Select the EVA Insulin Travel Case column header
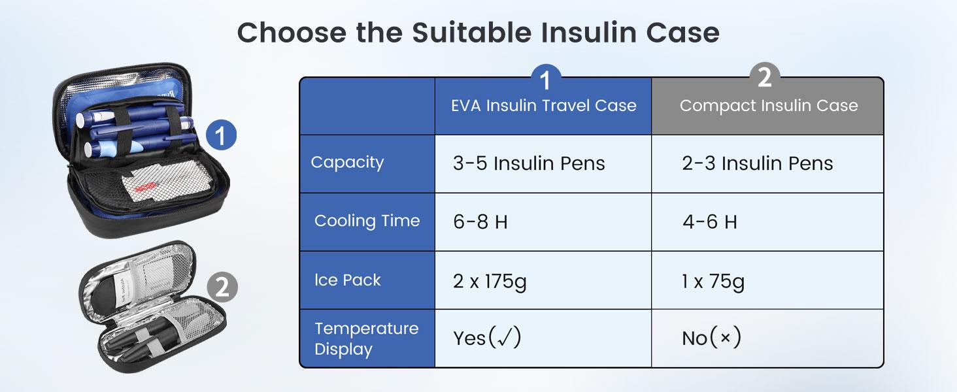(543, 106)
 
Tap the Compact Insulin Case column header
(768, 106)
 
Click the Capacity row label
(347, 163)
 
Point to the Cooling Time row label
(367, 221)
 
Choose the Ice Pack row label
(347, 280)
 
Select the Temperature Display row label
(366, 338)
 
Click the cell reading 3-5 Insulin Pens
(529, 163)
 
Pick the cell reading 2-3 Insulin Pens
(758, 163)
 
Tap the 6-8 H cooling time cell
(480, 222)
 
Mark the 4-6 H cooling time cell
(709, 222)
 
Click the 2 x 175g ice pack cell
(490, 282)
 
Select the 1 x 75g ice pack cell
(713, 282)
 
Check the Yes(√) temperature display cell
(487, 338)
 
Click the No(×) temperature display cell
(711, 338)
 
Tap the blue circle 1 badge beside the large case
(220, 136)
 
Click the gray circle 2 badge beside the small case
(222, 287)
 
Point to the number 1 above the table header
(545, 80)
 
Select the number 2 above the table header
(764, 78)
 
